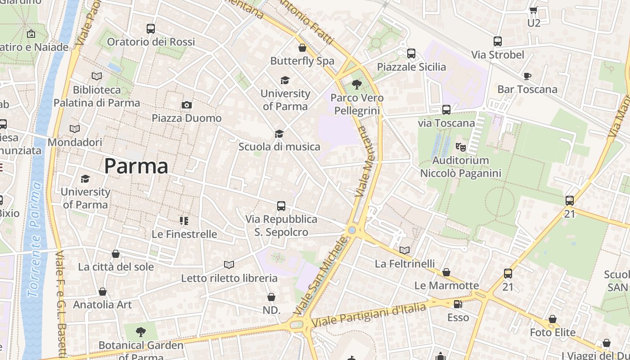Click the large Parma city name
136,166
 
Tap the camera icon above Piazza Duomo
187,105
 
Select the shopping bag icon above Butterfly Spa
302,47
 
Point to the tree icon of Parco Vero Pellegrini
357,84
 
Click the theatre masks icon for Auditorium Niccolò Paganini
460,147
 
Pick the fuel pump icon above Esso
458,304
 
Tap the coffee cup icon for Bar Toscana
527,76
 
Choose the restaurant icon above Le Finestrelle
184,220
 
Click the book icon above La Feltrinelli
405,250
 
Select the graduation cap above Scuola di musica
279,134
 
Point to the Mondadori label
75,142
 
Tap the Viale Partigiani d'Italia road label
369,315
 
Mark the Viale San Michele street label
321,276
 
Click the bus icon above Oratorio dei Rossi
151,29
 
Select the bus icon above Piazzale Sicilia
411,54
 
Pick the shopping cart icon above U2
534,10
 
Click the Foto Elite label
553,333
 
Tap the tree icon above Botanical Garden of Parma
141,332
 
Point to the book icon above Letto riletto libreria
229,265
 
